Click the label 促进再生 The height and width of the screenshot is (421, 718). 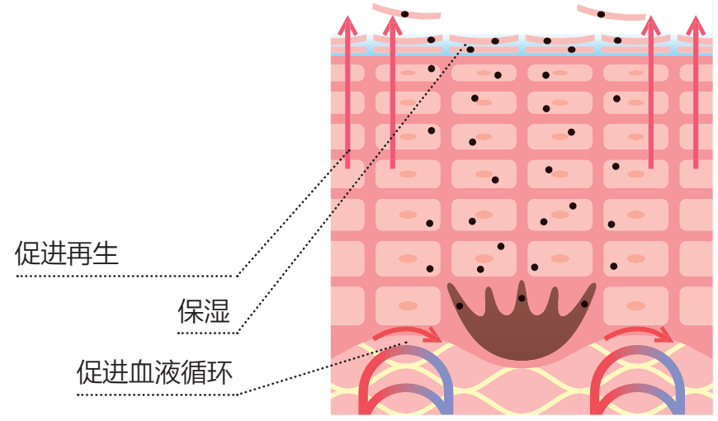(x=67, y=253)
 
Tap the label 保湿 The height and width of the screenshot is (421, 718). (x=204, y=311)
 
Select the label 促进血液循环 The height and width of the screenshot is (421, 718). (x=154, y=372)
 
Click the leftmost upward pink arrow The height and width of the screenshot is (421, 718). (x=348, y=91)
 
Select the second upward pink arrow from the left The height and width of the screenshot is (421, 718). (x=393, y=91)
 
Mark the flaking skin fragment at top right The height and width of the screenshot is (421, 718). (x=611, y=13)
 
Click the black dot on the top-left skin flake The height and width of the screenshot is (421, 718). (x=405, y=14)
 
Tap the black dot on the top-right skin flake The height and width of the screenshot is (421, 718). (x=601, y=14)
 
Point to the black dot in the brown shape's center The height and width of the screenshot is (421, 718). (x=522, y=298)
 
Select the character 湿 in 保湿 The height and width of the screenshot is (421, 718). (x=217, y=311)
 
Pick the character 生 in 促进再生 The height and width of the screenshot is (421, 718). (x=106, y=253)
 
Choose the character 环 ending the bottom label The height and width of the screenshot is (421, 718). (x=221, y=372)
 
